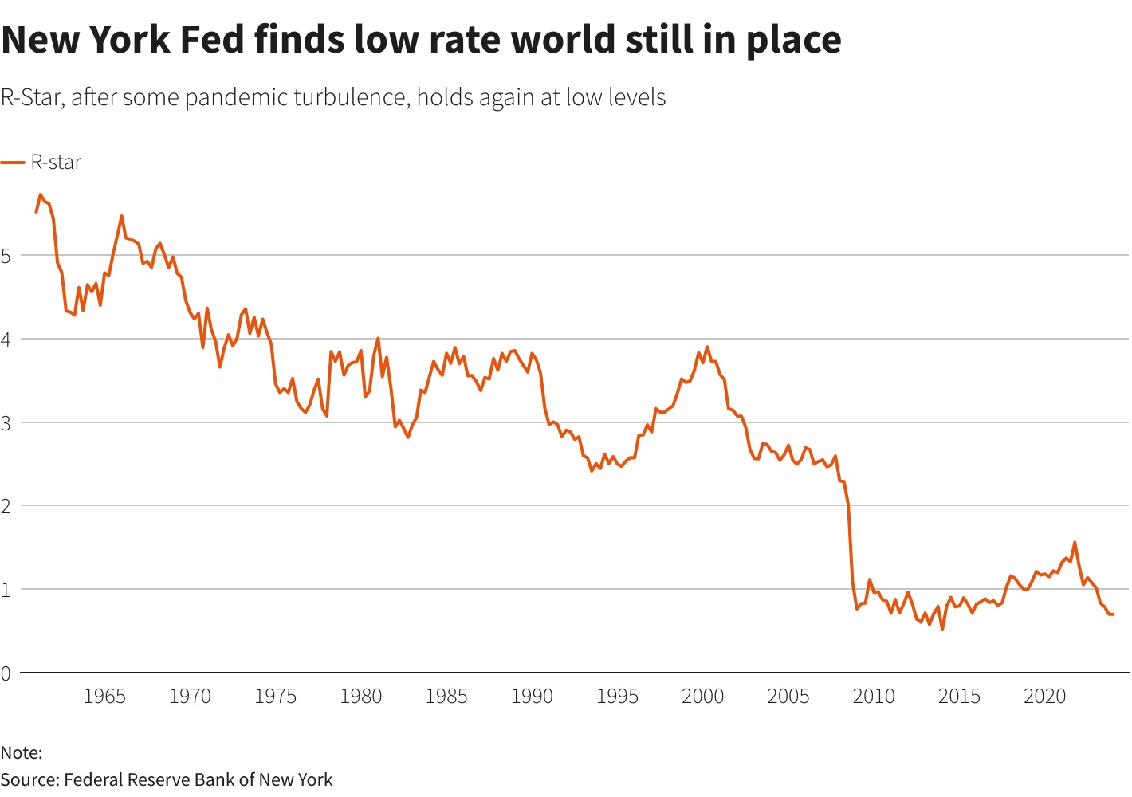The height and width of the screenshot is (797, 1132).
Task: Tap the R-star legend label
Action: click(56, 163)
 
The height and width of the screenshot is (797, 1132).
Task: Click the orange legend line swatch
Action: click(13, 163)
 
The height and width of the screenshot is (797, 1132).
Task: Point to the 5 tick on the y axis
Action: click(6, 256)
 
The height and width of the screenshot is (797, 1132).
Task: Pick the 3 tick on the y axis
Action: click(6, 422)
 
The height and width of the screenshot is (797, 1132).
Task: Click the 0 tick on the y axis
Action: click(6, 673)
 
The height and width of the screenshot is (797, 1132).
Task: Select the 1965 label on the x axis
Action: click(104, 697)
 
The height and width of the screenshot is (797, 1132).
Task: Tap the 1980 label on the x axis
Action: click(361, 697)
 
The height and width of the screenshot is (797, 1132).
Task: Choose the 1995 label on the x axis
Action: click(617, 697)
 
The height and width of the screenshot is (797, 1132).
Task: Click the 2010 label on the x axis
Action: click(874, 697)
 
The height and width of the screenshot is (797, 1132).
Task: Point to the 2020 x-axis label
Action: click(1044, 697)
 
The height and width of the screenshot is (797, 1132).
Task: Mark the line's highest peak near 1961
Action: click(41, 194)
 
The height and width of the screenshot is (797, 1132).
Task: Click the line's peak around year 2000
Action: click(707, 347)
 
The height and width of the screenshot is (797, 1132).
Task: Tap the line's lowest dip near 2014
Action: click(942, 630)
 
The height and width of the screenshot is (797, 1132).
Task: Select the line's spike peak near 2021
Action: click(1075, 543)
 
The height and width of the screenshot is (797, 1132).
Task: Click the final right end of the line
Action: click(1113, 614)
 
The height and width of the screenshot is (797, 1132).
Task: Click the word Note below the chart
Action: click(19, 752)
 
